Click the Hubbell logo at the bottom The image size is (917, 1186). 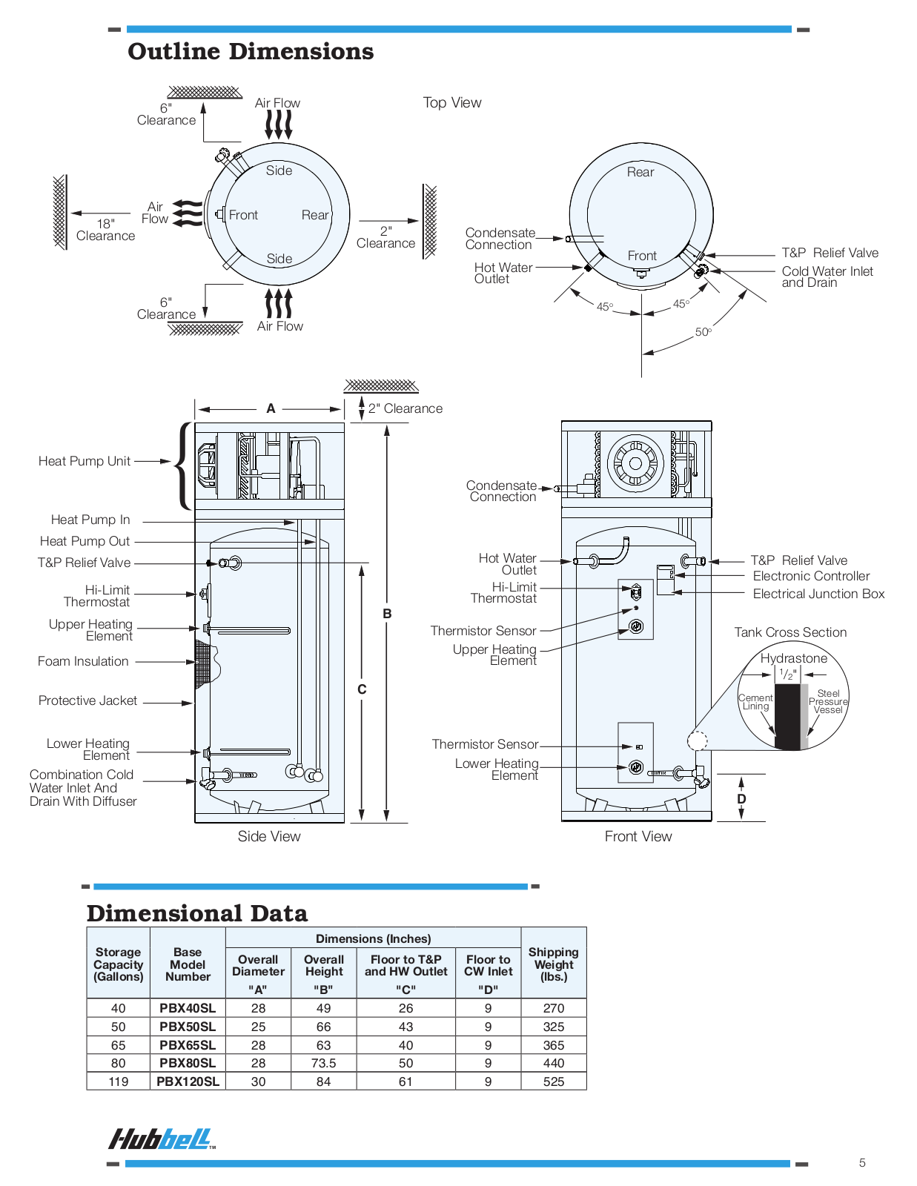[162, 1139]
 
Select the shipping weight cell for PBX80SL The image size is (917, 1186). [553, 1063]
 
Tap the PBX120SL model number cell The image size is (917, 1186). [188, 1081]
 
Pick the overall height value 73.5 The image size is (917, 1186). [323, 1063]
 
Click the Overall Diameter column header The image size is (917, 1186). [258, 965]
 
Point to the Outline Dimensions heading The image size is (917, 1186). [251, 52]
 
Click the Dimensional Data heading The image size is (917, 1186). [197, 913]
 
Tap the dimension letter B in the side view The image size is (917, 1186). [387, 614]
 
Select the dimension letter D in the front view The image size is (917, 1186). [741, 799]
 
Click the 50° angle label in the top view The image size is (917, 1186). [703, 332]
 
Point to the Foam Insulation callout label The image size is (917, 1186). [83, 661]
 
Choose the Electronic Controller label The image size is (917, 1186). [811, 576]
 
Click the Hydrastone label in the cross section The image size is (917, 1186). [793, 658]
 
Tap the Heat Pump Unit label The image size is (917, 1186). [85, 461]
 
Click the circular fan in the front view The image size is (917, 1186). [635, 464]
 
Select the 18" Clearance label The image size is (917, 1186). [105, 230]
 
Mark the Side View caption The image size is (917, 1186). [269, 836]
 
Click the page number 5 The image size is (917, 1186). [862, 1162]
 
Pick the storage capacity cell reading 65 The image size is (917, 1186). [119, 1045]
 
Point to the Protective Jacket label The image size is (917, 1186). [87, 700]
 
